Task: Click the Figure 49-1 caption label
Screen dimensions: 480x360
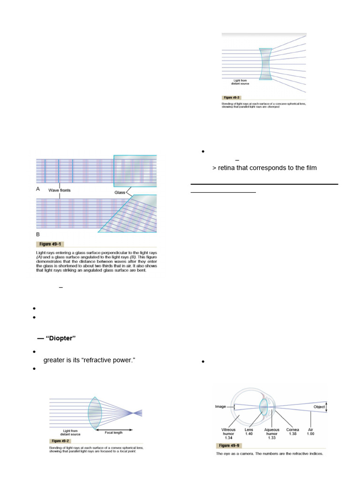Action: pyautogui.click(x=49, y=244)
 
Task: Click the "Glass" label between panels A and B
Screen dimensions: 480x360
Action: pyautogui.click(x=120, y=193)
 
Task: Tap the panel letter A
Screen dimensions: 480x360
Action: pyautogui.click(x=38, y=190)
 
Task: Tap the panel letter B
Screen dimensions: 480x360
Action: pyautogui.click(x=38, y=233)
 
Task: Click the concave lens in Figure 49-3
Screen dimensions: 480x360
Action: pyautogui.click(x=265, y=64)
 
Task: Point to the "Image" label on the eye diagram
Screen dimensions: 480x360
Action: pyautogui.click(x=221, y=407)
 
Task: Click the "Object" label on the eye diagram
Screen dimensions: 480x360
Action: pyautogui.click(x=320, y=407)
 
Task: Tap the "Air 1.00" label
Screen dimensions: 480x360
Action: pyautogui.click(x=310, y=432)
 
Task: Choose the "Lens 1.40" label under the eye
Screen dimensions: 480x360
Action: pyautogui.click(x=249, y=432)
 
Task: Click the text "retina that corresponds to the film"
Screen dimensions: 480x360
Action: pyautogui.click(x=268, y=168)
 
